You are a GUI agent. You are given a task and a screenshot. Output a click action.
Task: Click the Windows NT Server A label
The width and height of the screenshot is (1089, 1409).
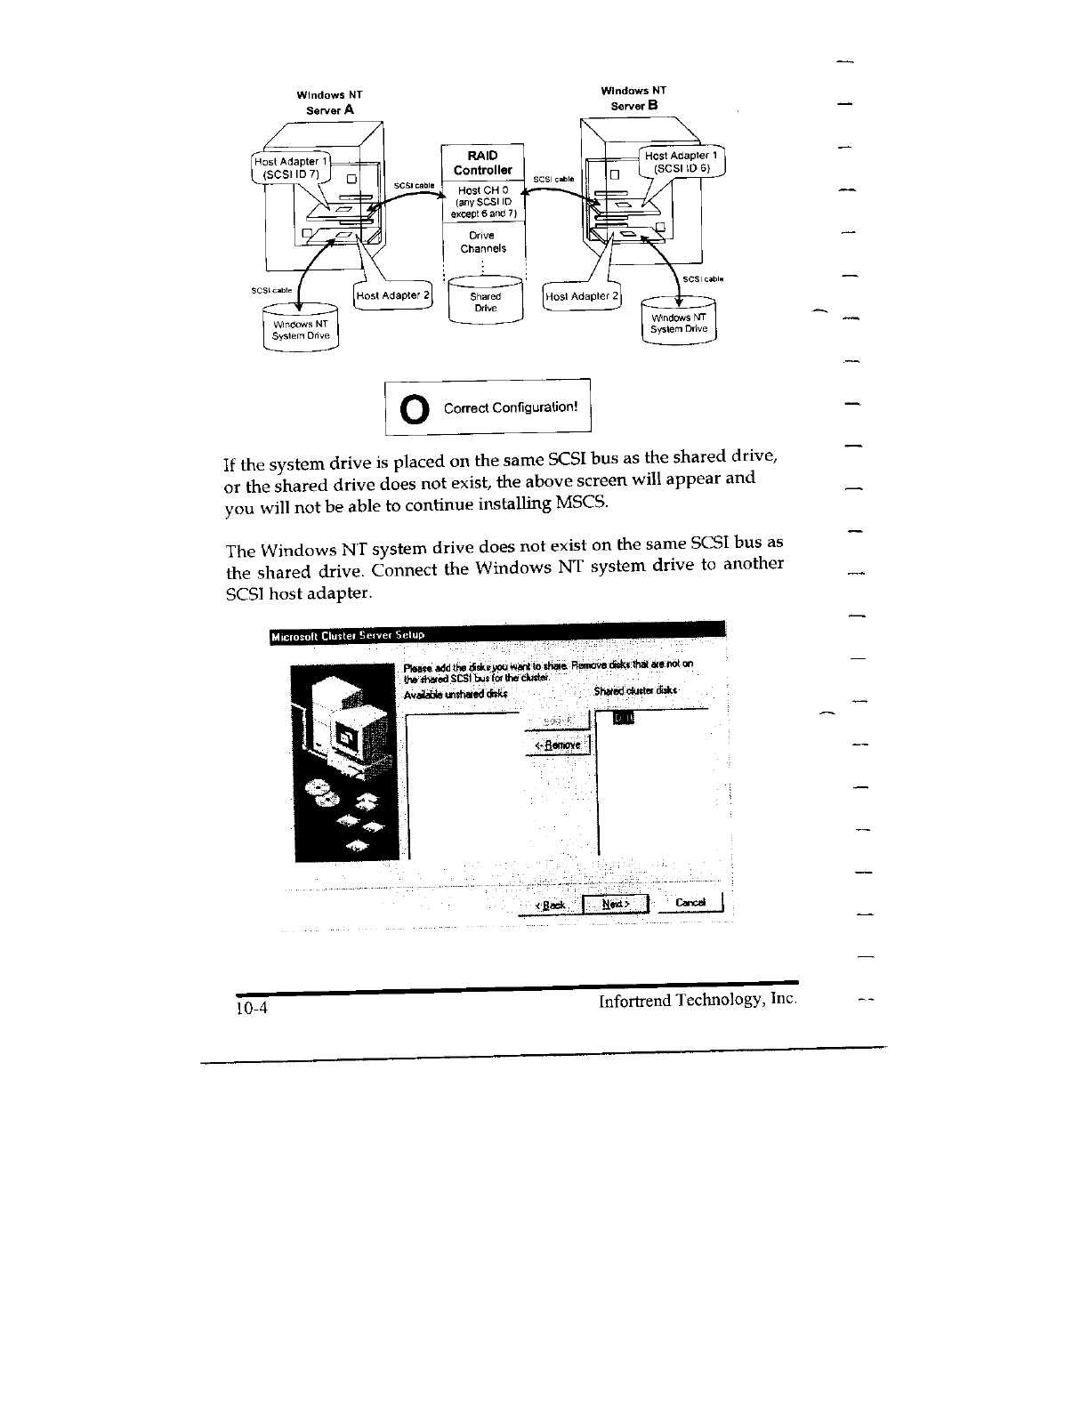point(329,102)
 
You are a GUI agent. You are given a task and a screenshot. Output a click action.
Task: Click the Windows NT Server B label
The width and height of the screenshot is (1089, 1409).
point(633,98)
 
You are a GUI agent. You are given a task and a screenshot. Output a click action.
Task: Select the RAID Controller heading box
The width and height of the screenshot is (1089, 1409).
point(483,163)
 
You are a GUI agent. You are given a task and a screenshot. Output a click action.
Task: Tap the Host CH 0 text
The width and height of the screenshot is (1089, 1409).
point(482,190)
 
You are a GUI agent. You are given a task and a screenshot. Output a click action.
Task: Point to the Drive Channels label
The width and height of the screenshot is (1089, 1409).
point(482,242)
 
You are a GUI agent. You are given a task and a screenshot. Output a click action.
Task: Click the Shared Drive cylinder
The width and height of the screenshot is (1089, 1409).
point(485,301)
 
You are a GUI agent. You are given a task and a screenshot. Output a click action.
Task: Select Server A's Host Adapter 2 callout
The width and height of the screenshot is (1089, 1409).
point(392,295)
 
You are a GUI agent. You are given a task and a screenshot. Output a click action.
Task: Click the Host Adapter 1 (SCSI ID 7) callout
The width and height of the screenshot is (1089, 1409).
point(292,167)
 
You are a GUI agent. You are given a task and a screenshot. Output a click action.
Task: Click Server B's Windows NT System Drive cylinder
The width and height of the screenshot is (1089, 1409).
point(679,323)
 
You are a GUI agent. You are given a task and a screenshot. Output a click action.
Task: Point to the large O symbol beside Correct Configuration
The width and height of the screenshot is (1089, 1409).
point(413,408)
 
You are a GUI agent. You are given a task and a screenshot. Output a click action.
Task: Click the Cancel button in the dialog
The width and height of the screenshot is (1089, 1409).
point(691,903)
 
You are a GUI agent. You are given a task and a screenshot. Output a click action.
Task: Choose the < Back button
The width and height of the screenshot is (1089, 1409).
point(551,905)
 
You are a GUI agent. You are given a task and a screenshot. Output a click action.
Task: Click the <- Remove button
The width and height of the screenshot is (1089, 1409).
point(558,745)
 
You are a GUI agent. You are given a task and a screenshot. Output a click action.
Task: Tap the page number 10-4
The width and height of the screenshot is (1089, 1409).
point(252,1009)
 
